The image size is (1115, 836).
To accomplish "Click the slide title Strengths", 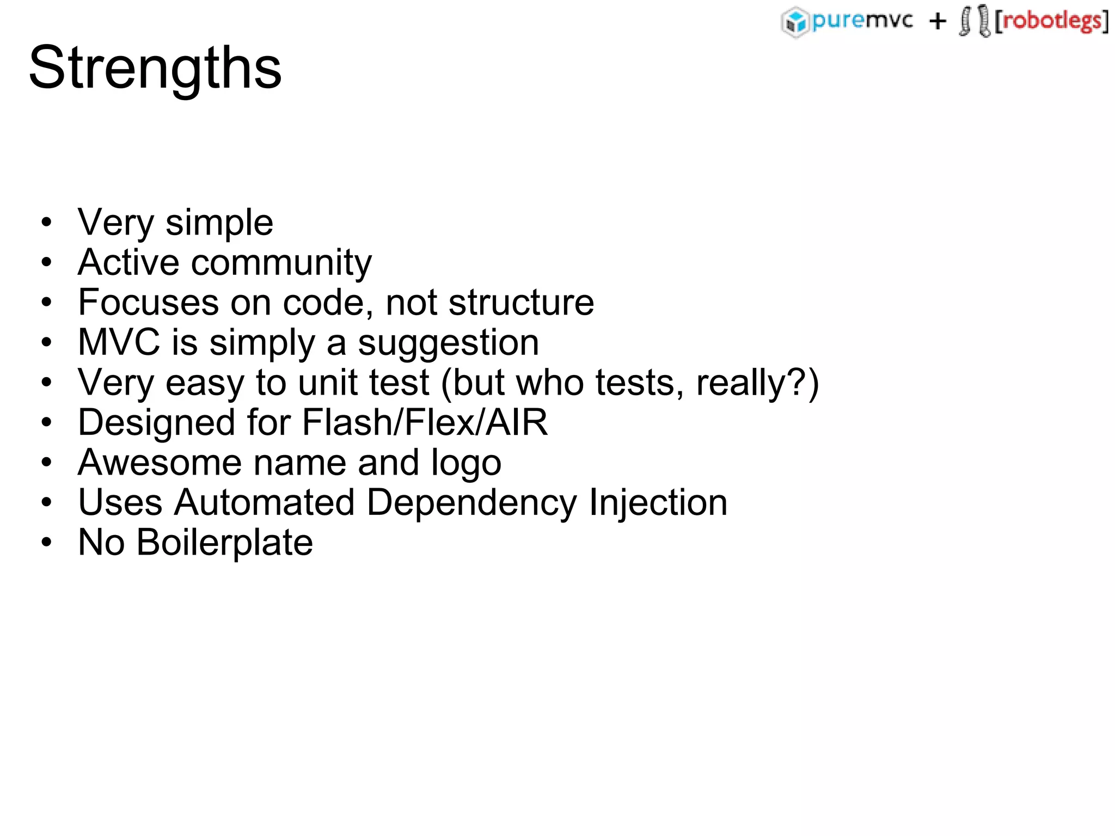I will point(155,68).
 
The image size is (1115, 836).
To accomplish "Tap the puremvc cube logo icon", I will point(795,22).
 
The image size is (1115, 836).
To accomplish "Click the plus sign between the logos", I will point(938,22).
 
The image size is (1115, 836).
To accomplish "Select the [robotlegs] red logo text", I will point(1051,21).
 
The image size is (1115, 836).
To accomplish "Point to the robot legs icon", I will point(975,21).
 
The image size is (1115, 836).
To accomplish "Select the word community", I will point(281,263).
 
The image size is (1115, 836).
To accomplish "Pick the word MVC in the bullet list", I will point(119,342).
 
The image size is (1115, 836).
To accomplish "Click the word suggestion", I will point(448,344).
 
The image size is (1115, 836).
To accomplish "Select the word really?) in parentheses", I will point(757,383).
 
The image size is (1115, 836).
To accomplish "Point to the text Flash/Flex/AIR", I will point(425,422).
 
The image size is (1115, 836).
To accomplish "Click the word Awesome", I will point(160,463).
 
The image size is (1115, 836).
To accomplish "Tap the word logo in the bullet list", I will point(466,464).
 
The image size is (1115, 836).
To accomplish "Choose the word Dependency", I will point(471,503).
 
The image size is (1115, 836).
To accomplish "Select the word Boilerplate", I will point(224,543).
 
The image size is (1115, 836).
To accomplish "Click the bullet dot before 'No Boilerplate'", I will point(47,542).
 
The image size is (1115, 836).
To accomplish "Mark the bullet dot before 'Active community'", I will point(47,262).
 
